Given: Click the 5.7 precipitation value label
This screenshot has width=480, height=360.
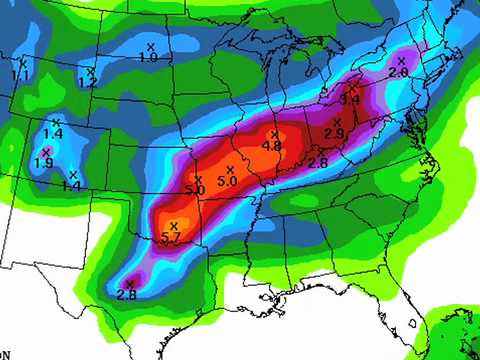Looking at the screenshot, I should [170, 238].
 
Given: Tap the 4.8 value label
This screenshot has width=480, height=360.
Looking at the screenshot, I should [271, 146].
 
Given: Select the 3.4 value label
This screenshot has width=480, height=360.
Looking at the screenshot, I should [350, 99].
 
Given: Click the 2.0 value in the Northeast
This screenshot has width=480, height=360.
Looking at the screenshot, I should [398, 73].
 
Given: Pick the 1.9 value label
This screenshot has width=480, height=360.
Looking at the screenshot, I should [43, 163].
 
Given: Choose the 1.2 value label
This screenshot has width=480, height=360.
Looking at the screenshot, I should [87, 83].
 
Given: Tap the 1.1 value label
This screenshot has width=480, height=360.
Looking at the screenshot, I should [21, 75].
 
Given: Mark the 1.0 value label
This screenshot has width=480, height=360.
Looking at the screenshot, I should [149, 58].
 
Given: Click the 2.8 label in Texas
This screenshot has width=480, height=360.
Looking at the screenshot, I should [126, 294].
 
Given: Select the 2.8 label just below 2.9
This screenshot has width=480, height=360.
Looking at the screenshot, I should [318, 162].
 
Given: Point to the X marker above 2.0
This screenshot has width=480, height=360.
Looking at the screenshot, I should [401, 61].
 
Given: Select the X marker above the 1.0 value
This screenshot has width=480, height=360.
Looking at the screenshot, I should [151, 47].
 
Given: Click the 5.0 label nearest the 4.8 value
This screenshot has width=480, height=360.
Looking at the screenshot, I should [227, 181].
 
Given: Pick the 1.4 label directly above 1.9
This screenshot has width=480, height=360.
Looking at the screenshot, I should [53, 134].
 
